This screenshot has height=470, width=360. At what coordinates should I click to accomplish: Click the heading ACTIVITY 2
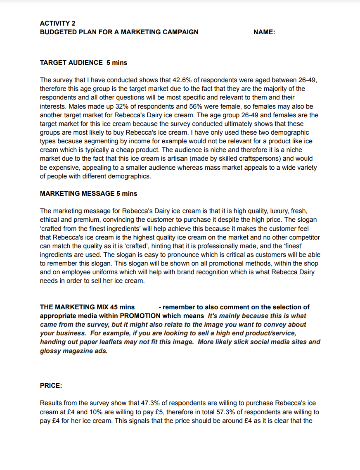pyautogui.click(x=57, y=24)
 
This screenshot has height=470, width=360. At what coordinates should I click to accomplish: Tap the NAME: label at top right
pyautogui.click(x=264, y=32)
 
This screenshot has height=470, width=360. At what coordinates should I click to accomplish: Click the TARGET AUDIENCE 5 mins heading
pyautogui.click(x=83, y=63)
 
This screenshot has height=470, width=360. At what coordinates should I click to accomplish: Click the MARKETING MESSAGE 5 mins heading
pyautogui.click(x=88, y=194)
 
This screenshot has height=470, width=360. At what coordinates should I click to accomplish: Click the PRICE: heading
pyautogui.click(x=51, y=386)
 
